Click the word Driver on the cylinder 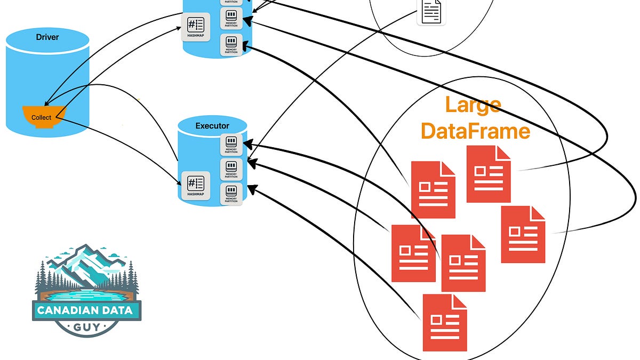47,37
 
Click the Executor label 212,126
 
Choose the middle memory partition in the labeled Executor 231,169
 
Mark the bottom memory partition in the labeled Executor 231,193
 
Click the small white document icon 431,11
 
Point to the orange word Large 473,105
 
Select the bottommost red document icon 445,322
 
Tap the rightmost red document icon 523,234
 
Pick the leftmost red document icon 413,253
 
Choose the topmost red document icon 489,174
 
